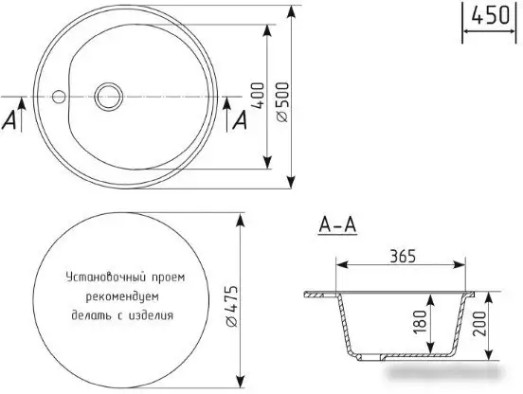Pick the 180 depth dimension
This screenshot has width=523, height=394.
419,324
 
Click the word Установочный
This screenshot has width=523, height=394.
100,279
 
